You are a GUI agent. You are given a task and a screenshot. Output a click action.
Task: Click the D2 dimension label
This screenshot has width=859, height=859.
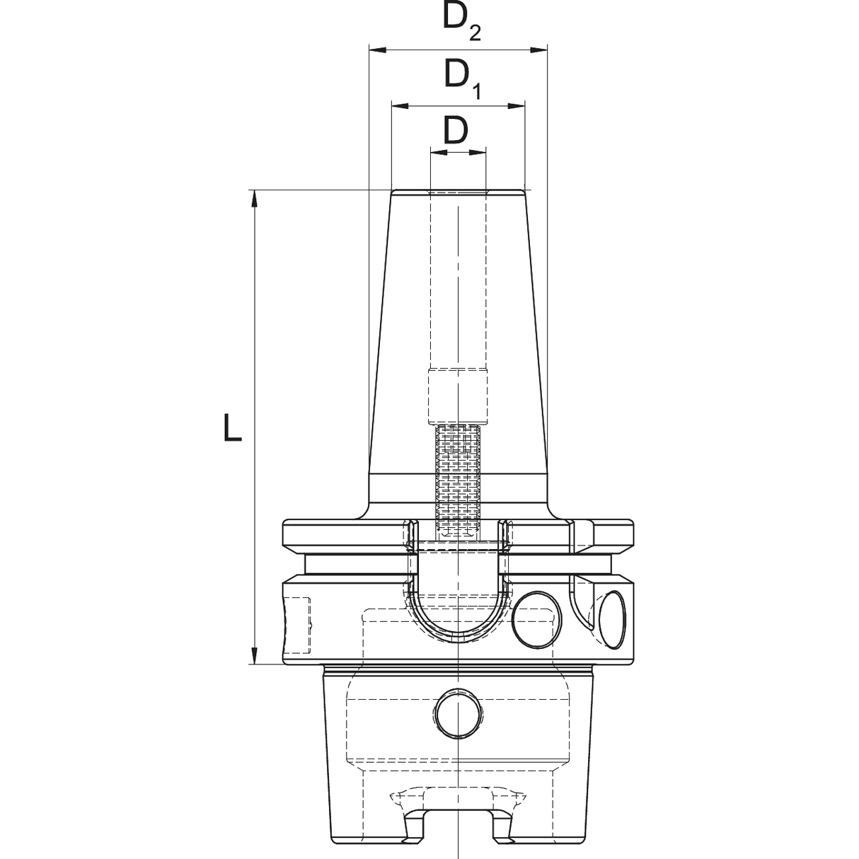(462, 22)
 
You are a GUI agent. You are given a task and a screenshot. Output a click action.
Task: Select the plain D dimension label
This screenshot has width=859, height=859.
(456, 131)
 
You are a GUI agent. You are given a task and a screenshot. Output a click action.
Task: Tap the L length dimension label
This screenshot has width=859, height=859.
(232, 427)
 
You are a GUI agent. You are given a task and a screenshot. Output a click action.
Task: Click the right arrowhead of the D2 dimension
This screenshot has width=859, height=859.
(538, 50)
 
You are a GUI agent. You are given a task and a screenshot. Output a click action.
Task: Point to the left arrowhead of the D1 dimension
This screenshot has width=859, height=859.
(400, 106)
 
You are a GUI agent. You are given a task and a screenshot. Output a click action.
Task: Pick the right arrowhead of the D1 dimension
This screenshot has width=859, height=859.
(517, 106)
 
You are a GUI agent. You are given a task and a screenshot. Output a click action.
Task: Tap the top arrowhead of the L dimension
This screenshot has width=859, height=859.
(255, 199)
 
